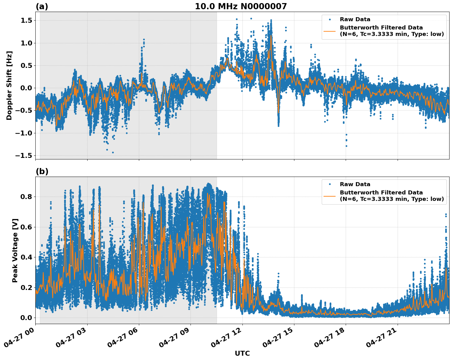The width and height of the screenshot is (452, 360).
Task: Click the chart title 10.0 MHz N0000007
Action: (241, 6)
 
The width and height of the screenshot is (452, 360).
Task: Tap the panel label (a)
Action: (42, 6)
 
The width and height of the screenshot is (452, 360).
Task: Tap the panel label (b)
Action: (42, 171)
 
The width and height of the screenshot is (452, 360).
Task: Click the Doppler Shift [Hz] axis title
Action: (9, 85)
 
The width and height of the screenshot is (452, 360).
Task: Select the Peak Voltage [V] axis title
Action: (15, 250)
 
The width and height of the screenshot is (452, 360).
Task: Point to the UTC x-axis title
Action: (242, 353)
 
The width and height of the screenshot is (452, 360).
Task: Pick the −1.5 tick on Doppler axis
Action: (24, 155)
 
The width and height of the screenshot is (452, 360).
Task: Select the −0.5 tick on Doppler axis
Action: (24, 111)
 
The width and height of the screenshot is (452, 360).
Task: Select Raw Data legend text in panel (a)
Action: (355, 19)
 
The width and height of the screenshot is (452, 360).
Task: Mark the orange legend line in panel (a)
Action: (329, 31)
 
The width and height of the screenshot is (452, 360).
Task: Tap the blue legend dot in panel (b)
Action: (329, 184)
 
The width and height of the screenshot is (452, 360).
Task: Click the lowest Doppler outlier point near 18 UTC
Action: (346, 146)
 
